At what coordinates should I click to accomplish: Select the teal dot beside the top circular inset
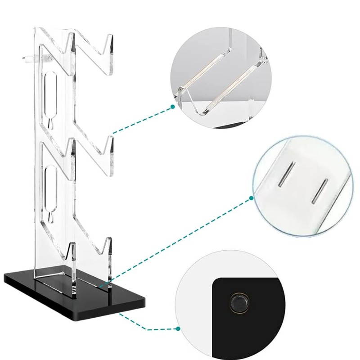[x=173, y=107]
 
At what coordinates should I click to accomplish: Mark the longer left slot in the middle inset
[x=285, y=175]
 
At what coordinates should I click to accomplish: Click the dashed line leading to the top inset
[x=142, y=120]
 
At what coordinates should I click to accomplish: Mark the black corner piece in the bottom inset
[x=256, y=324]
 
